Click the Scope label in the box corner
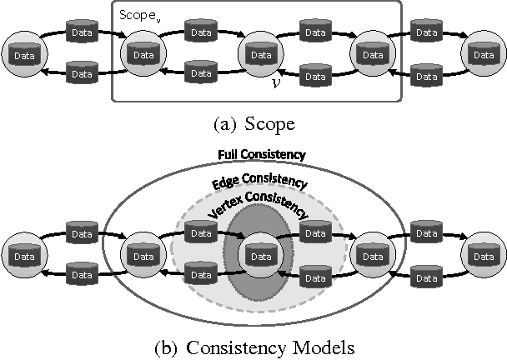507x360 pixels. pyautogui.click(x=137, y=16)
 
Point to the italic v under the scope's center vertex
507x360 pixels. pyautogui.click(x=275, y=83)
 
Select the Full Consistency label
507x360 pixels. pyautogui.click(x=261, y=155)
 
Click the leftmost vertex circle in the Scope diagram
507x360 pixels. pyautogui.click(x=24, y=53)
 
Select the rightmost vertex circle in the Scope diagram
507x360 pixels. pyautogui.click(x=484, y=53)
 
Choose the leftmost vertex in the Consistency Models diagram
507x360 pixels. pyautogui.click(x=24, y=252)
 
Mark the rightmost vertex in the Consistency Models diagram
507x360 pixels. pyautogui.click(x=484, y=252)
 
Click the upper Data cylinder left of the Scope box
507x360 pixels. pyautogui.click(x=81, y=32)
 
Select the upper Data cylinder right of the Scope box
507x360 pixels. pyautogui.click(x=427, y=32)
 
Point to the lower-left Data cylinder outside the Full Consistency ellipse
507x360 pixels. pyautogui.click(x=81, y=272)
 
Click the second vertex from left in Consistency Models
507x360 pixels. pyautogui.click(x=141, y=252)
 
